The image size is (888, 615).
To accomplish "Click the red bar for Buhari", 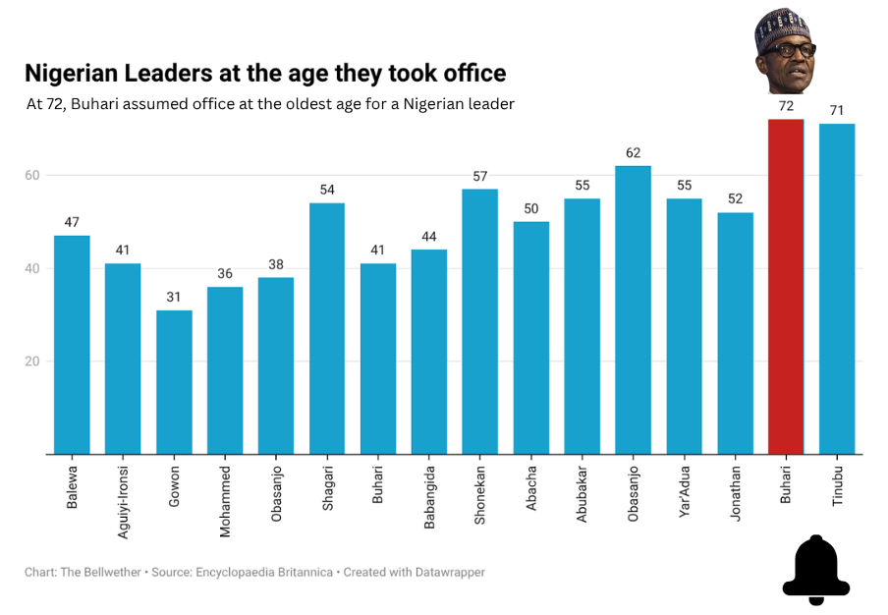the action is pyautogui.click(x=786, y=287).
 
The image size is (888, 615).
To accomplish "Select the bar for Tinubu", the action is pyautogui.click(x=837, y=289).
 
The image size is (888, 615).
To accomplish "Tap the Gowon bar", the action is pyautogui.click(x=174, y=382).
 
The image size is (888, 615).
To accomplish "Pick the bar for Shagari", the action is pyautogui.click(x=327, y=328).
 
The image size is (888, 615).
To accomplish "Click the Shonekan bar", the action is pyautogui.click(x=479, y=321).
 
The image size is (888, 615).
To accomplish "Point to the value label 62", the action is pyautogui.click(x=634, y=153).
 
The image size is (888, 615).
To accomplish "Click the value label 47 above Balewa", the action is pyautogui.click(x=72, y=222).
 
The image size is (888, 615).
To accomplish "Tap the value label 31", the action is pyautogui.click(x=174, y=297).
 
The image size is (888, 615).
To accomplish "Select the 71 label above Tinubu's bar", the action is pyautogui.click(x=837, y=110).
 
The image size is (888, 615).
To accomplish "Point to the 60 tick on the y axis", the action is pyautogui.click(x=32, y=175).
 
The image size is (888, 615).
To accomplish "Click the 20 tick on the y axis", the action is pyautogui.click(x=32, y=362).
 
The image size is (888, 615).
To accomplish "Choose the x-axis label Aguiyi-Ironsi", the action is pyautogui.click(x=123, y=502).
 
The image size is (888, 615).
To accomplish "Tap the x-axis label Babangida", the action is pyautogui.click(x=429, y=497).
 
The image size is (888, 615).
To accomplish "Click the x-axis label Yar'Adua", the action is pyautogui.click(x=684, y=491).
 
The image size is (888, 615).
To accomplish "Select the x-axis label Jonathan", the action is pyautogui.click(x=735, y=493).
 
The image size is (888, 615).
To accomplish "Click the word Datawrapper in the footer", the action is pyautogui.click(x=450, y=573).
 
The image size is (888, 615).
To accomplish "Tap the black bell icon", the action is pyautogui.click(x=816, y=570).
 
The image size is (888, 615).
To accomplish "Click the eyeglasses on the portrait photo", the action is pyautogui.click(x=789, y=50).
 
